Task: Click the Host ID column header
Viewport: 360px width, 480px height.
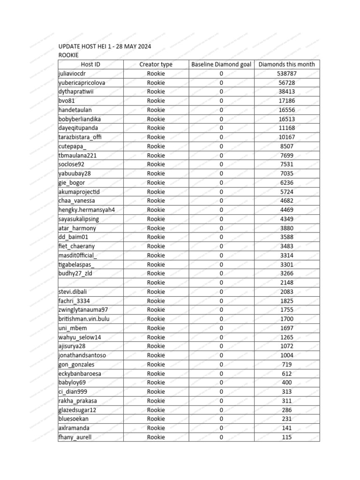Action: point(90,65)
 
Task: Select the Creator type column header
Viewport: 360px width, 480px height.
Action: point(156,65)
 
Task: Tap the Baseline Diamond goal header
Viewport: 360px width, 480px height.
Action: point(221,65)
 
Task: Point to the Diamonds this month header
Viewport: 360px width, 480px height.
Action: point(287,65)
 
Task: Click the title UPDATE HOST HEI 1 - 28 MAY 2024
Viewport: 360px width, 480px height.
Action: point(105,46)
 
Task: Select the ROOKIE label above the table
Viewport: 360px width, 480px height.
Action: point(68,55)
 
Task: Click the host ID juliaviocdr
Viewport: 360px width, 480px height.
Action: point(72,74)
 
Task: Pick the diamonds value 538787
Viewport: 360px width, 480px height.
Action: point(287,74)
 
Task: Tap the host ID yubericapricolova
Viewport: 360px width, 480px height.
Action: point(82,82)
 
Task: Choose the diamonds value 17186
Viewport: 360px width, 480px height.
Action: point(287,101)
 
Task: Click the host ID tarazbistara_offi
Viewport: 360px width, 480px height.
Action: point(80,137)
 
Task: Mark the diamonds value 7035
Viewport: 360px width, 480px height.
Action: point(287,173)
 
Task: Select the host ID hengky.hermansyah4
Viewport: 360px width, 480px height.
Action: point(86,210)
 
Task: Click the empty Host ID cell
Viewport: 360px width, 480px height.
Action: point(90,283)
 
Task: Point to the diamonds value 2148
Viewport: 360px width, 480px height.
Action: point(287,283)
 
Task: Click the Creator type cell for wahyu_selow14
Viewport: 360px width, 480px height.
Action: point(156,337)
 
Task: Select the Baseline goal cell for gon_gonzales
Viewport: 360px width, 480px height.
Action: point(221,364)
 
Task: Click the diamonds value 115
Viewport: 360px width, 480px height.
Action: point(287,437)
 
